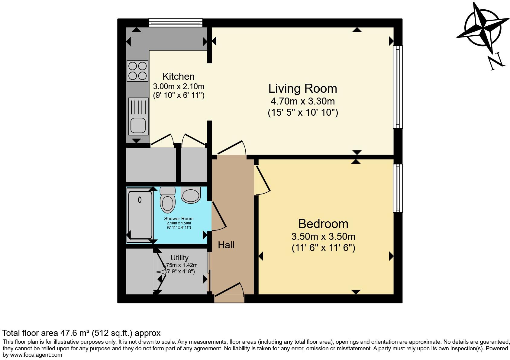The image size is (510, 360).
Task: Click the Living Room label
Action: click(x=302, y=88)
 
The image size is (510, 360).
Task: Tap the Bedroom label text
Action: click(x=323, y=224)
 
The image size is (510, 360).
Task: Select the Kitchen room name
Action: click(x=179, y=76)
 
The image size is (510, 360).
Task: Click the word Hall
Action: click(x=226, y=245)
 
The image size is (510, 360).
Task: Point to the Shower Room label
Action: click(x=179, y=219)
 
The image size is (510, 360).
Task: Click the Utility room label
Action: click(x=179, y=258)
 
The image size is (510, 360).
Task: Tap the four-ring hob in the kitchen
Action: click(x=137, y=71)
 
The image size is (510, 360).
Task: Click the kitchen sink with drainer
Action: click(x=138, y=116)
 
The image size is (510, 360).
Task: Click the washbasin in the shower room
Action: click(x=191, y=195)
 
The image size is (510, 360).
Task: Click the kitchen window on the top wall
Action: click(x=176, y=23)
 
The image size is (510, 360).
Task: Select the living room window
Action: click(x=398, y=87)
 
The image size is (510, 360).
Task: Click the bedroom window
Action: click(x=398, y=188)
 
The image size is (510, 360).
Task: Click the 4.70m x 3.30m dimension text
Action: click(x=302, y=101)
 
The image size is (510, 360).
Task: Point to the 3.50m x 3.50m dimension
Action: click(x=323, y=237)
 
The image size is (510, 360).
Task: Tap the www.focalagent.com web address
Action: click(x=36, y=355)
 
